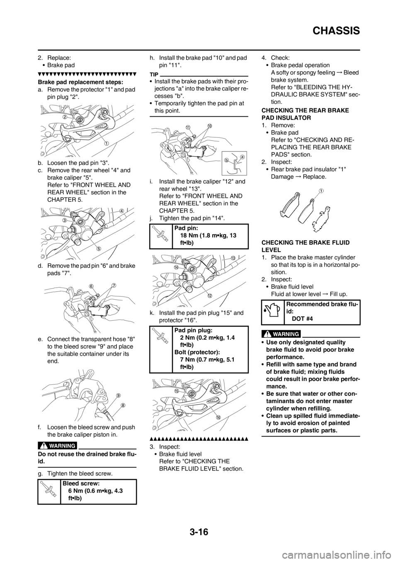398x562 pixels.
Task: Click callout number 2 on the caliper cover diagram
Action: pos(66,117)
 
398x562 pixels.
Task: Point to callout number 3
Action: pos(65,221)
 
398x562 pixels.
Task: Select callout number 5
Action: pos(99,248)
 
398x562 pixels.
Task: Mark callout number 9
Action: pos(118,395)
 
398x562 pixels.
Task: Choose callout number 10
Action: pos(209,125)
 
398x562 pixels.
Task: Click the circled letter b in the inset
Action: pos(227,159)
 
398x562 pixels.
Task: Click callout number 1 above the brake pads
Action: pos(320,190)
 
